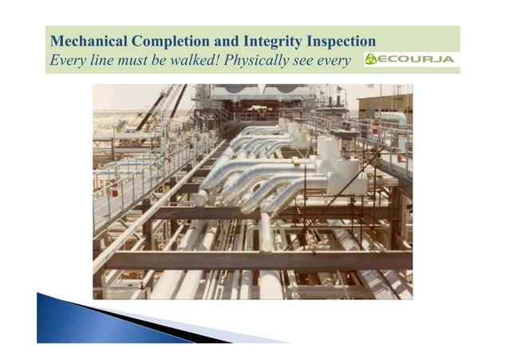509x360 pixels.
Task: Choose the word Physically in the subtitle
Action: point(257,61)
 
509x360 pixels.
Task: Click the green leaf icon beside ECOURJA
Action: point(372,60)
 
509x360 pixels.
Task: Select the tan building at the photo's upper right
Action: point(386,103)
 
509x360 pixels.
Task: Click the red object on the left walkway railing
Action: point(115,191)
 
